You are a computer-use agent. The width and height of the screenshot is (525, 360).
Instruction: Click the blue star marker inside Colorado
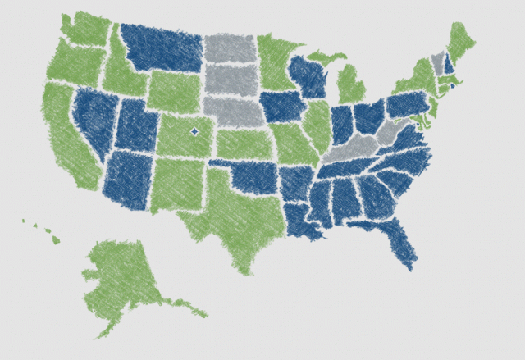194,131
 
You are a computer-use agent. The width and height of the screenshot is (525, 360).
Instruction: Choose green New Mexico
176,185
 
